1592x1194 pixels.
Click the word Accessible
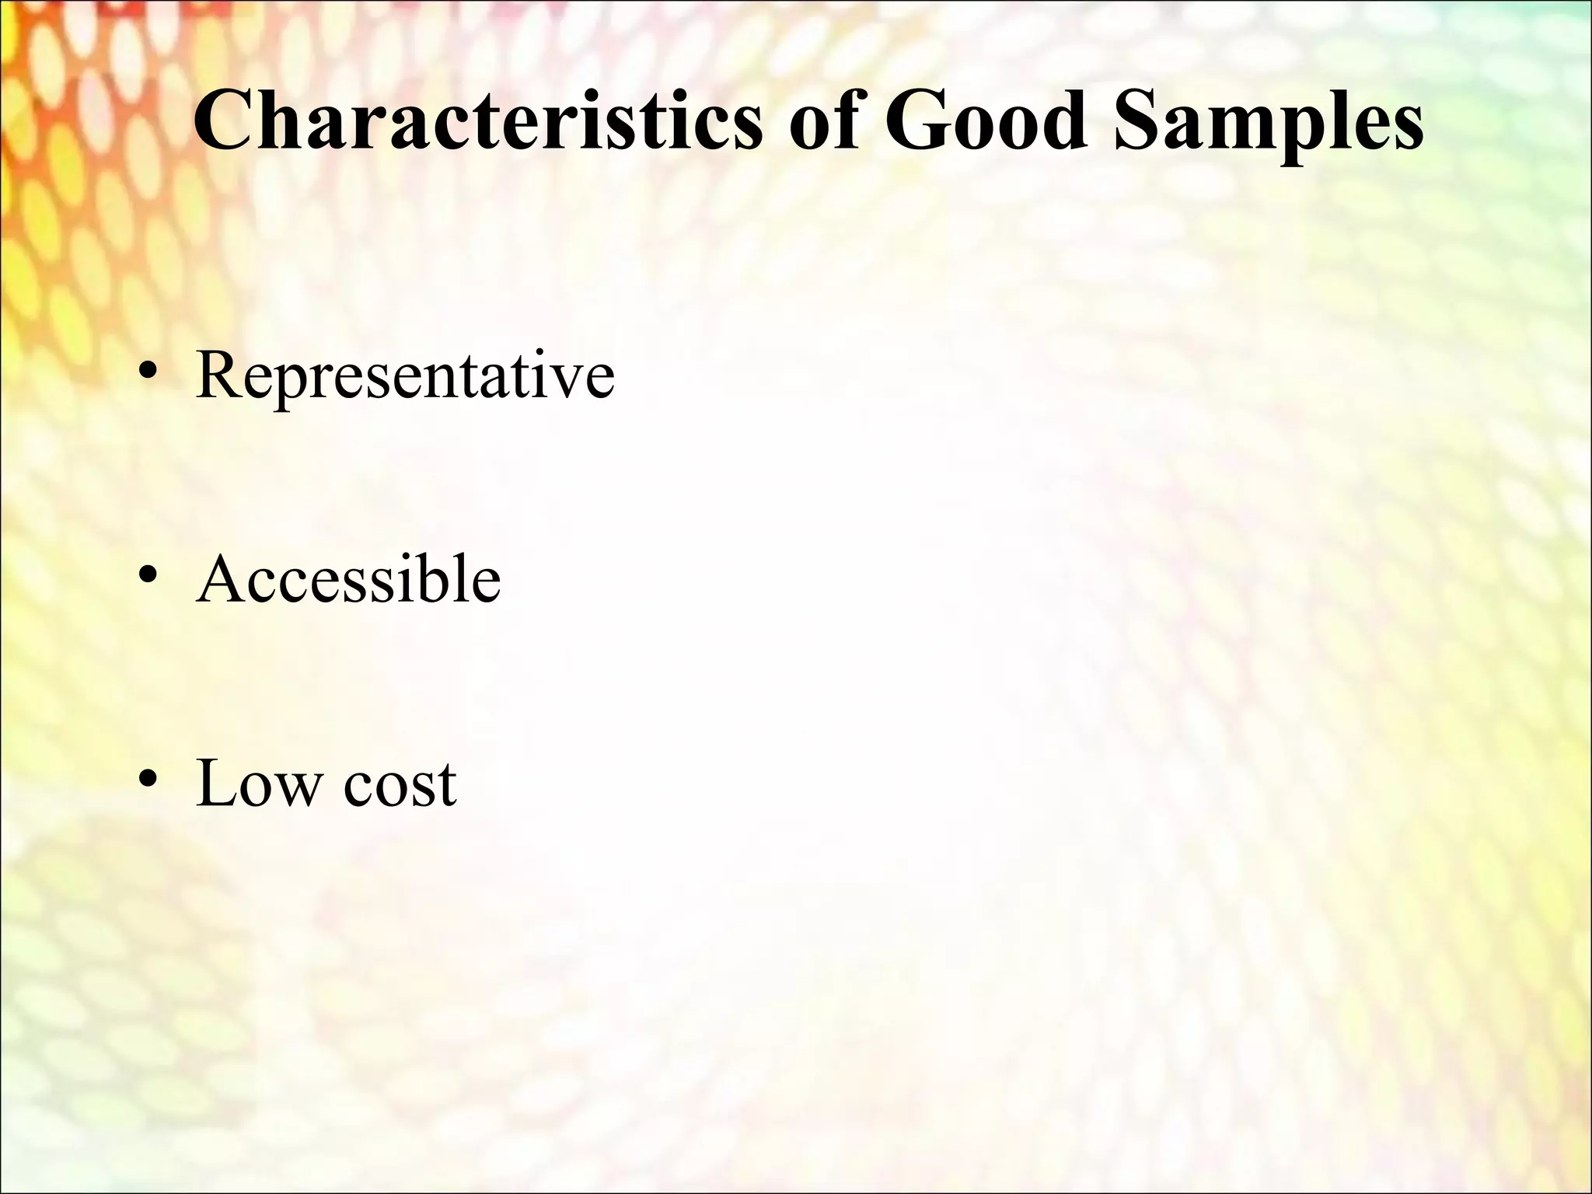[349, 580]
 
